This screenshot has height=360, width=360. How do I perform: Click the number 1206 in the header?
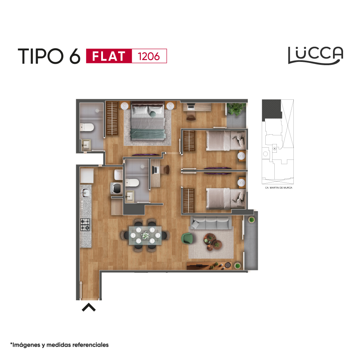[149, 56]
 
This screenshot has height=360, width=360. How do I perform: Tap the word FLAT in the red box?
[109, 56]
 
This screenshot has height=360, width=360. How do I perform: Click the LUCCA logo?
[316, 55]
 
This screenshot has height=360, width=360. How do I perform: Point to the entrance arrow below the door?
[89, 307]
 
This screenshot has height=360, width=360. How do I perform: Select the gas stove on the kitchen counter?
[85, 225]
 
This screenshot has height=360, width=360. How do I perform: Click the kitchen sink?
[85, 192]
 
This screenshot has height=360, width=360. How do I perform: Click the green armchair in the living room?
[187, 239]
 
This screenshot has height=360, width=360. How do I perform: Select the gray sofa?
[211, 222]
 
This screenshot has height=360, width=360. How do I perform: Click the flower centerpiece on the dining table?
[145, 235]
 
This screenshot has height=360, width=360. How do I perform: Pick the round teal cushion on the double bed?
[153, 114]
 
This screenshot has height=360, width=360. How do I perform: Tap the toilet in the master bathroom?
[87, 127]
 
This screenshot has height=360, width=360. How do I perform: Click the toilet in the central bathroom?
[132, 183]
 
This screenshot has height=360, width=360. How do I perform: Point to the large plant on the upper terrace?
[236, 109]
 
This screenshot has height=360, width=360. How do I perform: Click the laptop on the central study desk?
[156, 170]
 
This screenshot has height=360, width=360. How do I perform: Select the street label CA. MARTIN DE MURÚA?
[279, 188]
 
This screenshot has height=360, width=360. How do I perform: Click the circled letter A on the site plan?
[274, 149]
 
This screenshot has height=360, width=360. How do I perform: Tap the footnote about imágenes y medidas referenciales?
[59, 345]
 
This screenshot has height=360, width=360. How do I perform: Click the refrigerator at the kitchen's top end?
[87, 175]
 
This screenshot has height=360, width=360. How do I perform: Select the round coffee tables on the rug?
[213, 242]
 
